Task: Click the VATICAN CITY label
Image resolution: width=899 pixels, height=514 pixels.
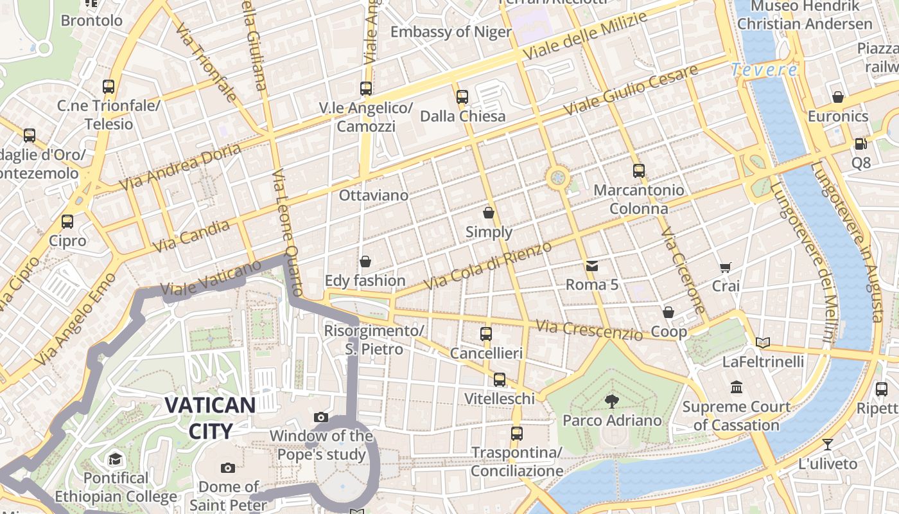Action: (x=210, y=417)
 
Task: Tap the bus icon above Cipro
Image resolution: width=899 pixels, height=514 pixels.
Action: (x=67, y=222)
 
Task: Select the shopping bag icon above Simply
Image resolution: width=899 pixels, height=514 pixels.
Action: (x=489, y=213)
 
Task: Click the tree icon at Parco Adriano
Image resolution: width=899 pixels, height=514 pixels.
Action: (x=612, y=402)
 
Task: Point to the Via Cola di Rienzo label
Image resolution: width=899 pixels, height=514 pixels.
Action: (x=488, y=265)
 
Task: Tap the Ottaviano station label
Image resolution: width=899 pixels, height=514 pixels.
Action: (x=373, y=195)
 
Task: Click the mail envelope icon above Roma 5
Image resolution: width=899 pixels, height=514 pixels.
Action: (x=591, y=265)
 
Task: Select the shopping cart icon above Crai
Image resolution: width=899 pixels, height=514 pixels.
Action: (x=726, y=267)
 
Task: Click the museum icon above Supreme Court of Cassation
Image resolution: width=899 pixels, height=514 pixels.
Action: (x=737, y=387)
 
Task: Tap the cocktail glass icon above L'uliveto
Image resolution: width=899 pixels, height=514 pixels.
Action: (x=828, y=445)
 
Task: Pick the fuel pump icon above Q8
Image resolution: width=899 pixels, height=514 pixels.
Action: (x=860, y=144)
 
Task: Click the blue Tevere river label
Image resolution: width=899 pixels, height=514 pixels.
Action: (x=764, y=70)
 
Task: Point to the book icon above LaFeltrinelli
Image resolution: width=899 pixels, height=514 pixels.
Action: (x=762, y=342)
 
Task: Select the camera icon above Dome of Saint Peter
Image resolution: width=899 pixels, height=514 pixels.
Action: (x=227, y=468)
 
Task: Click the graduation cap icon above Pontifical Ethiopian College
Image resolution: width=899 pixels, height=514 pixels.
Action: (x=115, y=459)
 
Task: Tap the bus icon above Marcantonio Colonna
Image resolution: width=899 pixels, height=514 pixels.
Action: (x=638, y=171)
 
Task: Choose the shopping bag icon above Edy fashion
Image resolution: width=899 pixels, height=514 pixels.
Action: (x=365, y=261)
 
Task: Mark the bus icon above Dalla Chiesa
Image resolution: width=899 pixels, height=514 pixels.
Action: (x=462, y=97)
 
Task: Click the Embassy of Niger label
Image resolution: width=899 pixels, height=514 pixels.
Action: (x=451, y=32)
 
